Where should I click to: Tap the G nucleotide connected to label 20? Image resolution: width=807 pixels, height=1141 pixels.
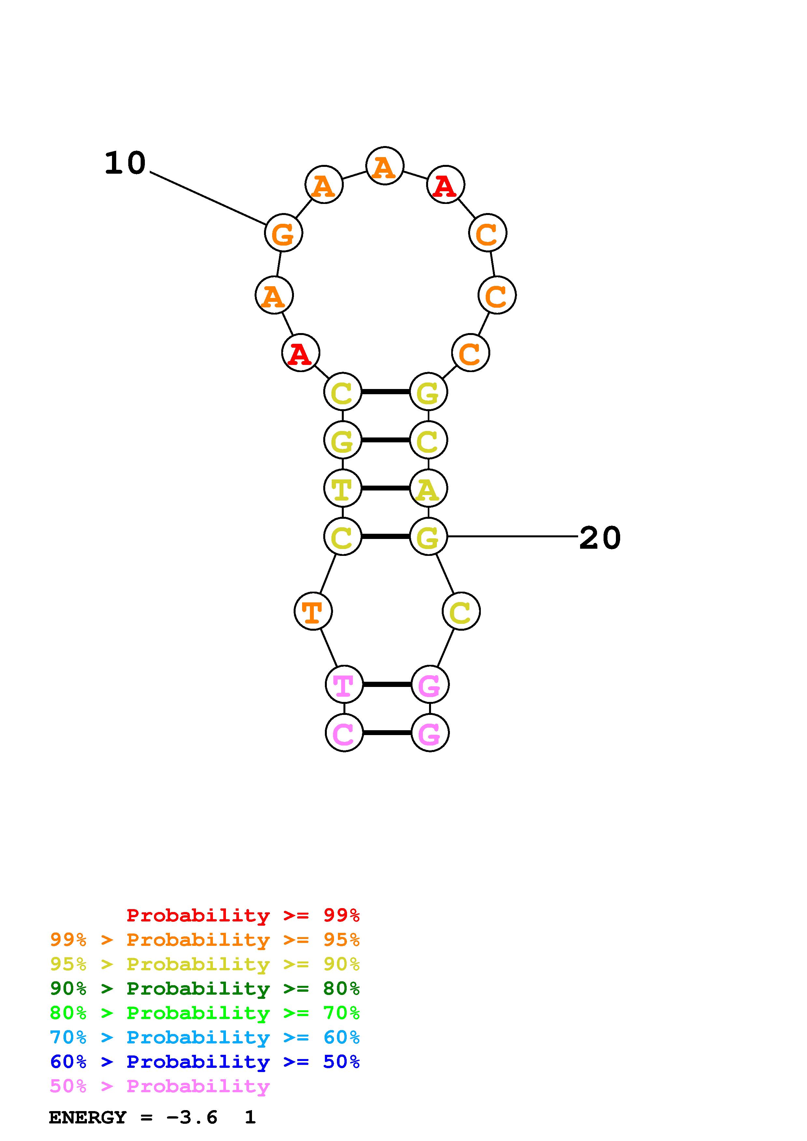(x=428, y=537)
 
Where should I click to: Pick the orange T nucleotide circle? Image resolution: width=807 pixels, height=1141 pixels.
(x=313, y=611)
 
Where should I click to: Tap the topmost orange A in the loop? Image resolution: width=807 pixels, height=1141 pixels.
(x=384, y=166)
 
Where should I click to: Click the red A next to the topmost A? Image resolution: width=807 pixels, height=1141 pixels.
(x=445, y=185)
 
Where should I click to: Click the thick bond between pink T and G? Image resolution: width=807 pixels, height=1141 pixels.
(x=387, y=685)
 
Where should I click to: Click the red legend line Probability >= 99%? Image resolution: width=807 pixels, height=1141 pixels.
(x=243, y=915)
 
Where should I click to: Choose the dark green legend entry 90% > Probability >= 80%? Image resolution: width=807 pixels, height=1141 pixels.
(x=204, y=988)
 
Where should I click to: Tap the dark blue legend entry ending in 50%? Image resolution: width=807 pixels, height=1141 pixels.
(x=204, y=1062)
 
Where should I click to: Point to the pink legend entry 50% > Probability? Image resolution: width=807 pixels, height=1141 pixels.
(x=160, y=1086)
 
